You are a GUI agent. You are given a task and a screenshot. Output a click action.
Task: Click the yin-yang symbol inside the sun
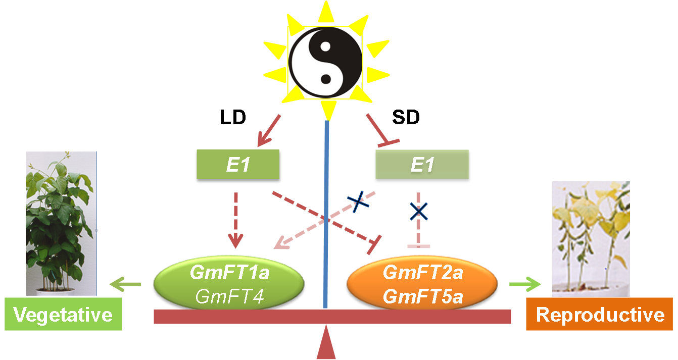click(x=326, y=63)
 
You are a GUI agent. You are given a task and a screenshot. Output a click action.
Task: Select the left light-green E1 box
click(x=237, y=164)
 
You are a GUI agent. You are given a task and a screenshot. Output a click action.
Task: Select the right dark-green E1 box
click(x=422, y=165)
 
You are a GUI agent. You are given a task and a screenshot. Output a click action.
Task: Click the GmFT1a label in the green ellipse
click(x=229, y=273)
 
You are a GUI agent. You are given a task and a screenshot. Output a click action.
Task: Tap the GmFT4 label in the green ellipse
click(x=229, y=296)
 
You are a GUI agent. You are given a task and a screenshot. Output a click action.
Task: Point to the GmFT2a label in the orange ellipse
click(x=422, y=273)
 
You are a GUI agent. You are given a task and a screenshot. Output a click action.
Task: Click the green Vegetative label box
click(x=63, y=315)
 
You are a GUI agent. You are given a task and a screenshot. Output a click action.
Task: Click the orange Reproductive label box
click(x=600, y=314)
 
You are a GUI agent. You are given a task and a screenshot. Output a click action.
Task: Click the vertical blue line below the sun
click(x=326, y=212)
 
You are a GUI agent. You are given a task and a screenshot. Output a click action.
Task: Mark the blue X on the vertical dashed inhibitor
click(x=418, y=211)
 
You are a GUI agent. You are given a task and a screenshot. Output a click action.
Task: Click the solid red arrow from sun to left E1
click(x=269, y=130)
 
